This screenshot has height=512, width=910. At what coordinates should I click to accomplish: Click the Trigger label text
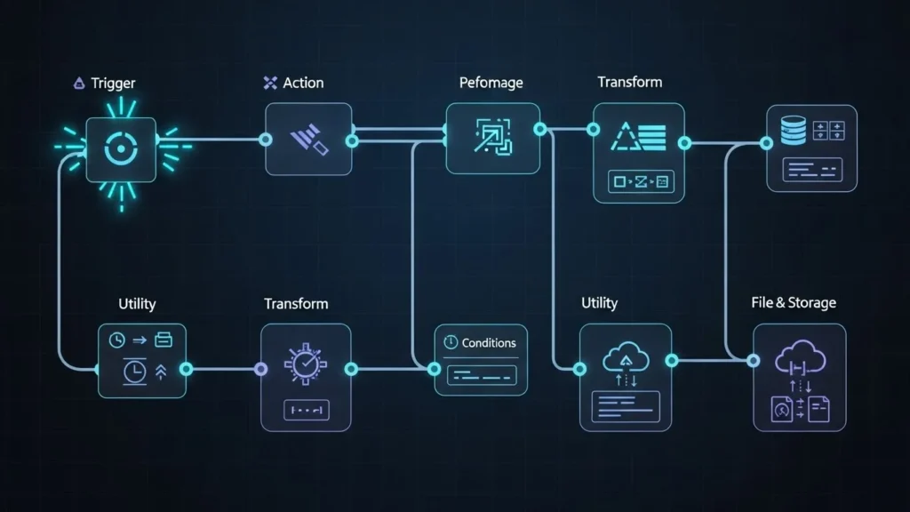pyautogui.click(x=112, y=84)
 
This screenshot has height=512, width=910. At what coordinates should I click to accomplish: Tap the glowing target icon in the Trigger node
pyautogui.click(x=120, y=149)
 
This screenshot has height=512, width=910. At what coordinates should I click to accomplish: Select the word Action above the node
pyautogui.click(x=303, y=83)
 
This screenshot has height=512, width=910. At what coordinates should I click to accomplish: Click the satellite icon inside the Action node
pyautogui.click(x=308, y=140)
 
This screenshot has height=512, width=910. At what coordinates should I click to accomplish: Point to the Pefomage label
pyautogui.click(x=491, y=84)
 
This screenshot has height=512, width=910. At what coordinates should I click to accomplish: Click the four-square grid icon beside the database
pyautogui.click(x=827, y=131)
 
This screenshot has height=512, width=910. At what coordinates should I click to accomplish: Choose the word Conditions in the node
pyautogui.click(x=488, y=342)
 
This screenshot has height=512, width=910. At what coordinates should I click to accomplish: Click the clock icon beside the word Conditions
pyautogui.click(x=450, y=342)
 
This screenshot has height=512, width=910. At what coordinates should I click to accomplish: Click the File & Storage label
pyautogui.click(x=794, y=303)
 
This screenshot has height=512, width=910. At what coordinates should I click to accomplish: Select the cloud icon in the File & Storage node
pyautogui.click(x=800, y=357)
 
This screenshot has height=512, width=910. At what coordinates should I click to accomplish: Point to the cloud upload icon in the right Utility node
pyautogui.click(x=621, y=356)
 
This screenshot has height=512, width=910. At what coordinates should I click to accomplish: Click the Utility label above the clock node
pyautogui.click(x=137, y=304)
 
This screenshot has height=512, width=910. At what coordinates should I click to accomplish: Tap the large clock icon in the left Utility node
pyautogui.click(x=135, y=372)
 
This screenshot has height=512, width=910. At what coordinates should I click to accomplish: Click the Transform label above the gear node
pyautogui.click(x=296, y=304)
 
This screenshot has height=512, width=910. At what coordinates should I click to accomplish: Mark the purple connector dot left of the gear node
pyautogui.click(x=260, y=369)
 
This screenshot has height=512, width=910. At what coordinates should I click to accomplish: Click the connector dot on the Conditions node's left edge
pyautogui.click(x=435, y=368)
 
